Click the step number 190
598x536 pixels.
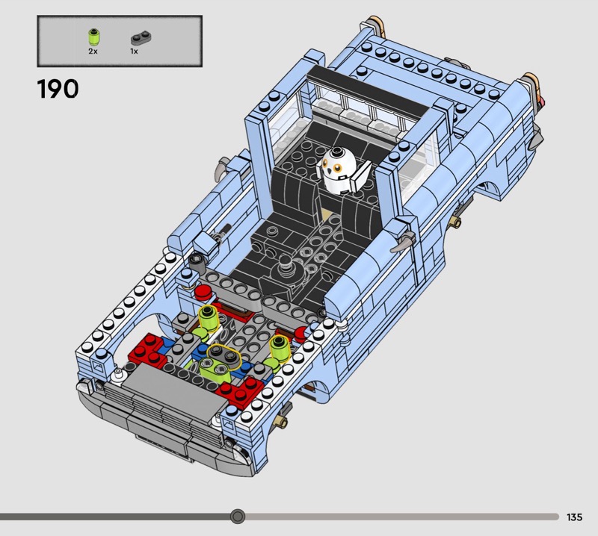click(x=58, y=89)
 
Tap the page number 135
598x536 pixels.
click(x=574, y=517)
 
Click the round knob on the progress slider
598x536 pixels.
click(x=238, y=517)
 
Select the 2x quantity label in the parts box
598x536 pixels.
click(x=93, y=51)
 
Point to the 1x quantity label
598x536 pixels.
click(x=134, y=51)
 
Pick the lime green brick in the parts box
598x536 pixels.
click(x=93, y=37)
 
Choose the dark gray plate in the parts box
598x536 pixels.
click(x=141, y=37)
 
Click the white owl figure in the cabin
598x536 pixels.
click(x=338, y=170)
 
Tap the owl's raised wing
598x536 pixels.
click(x=362, y=175)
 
